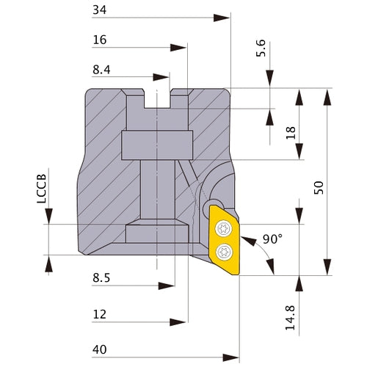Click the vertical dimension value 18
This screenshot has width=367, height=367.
coord(291,133)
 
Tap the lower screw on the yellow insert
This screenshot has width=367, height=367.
coord(223,252)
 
